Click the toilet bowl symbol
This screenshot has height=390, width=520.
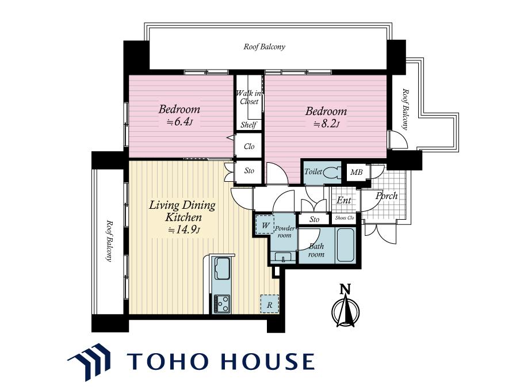[x=332, y=173]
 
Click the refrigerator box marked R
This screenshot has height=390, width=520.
[x=269, y=304]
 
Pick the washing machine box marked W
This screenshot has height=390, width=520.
[x=265, y=225]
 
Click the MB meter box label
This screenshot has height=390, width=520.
[x=356, y=172]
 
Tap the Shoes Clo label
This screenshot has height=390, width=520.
[x=345, y=218]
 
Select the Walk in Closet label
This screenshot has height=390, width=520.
[x=248, y=97]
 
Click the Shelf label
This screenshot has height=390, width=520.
[x=248, y=125]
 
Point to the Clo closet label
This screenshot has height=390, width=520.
[x=249, y=146]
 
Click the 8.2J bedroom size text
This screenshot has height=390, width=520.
[x=327, y=124]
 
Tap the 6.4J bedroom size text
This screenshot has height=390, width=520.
[x=179, y=122]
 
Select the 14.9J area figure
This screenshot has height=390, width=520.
[x=183, y=230]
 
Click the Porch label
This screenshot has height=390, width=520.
[x=387, y=196]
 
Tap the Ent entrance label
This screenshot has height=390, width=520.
[x=343, y=200]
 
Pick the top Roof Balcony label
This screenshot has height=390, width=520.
[x=264, y=47]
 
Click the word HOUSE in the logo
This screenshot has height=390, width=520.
[x=267, y=361]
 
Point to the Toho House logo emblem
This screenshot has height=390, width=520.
[x=89, y=361]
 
